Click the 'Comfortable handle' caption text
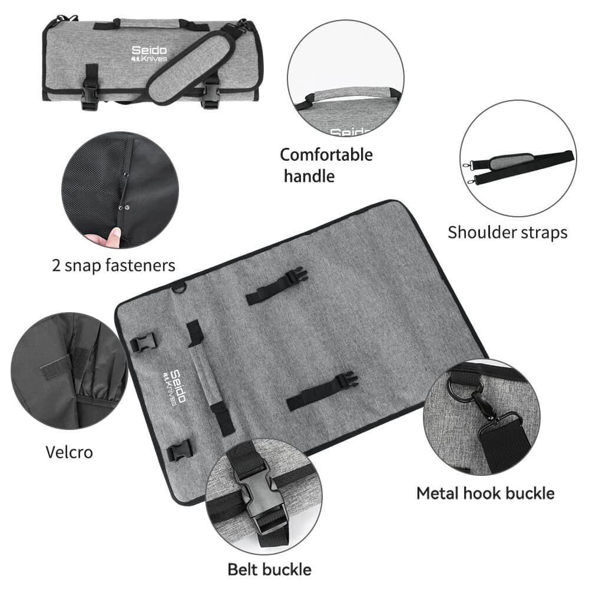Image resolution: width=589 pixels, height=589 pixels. click(x=326, y=166)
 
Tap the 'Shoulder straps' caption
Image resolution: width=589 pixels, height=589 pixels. click(x=508, y=232)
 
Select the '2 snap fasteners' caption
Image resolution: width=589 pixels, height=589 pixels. click(x=114, y=265)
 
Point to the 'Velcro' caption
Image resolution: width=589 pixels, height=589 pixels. click(x=69, y=452)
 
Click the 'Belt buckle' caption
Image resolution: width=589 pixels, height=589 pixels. click(x=269, y=570)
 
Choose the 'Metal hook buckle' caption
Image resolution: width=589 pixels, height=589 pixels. click(x=485, y=493)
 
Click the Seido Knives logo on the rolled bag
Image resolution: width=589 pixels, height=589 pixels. click(x=149, y=54)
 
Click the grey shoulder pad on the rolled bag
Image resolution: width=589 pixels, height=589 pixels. click(x=190, y=68)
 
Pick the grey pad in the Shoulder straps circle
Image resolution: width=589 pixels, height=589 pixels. click(x=511, y=161)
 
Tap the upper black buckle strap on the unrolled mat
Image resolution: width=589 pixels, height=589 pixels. click(x=277, y=286)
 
